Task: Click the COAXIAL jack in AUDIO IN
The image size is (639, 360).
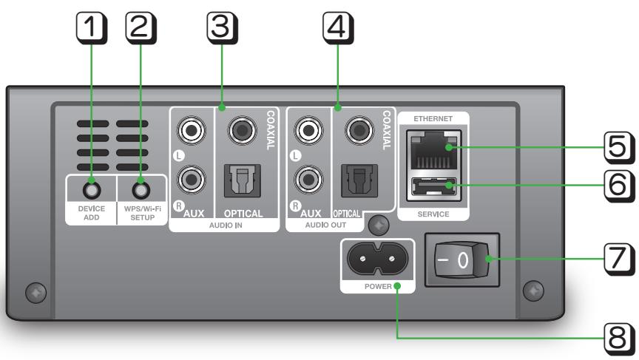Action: (241, 132)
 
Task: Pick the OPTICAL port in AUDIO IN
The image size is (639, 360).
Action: (241, 178)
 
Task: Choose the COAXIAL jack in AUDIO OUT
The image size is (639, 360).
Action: (358, 132)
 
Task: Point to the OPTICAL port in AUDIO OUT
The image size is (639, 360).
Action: (358, 178)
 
